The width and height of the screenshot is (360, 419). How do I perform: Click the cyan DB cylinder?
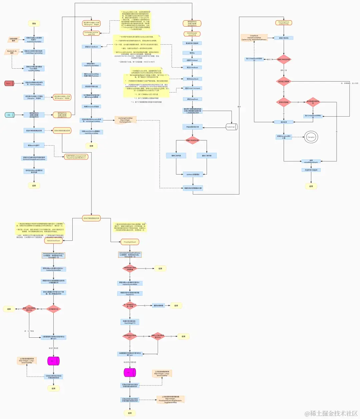[9, 115]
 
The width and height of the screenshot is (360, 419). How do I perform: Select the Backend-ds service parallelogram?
[12, 52]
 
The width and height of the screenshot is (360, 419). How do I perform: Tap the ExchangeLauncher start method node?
[92, 33]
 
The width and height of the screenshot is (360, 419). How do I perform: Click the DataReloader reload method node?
[192, 34]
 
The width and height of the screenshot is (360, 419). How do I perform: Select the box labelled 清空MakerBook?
[192, 79]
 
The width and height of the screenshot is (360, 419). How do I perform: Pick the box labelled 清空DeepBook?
[192, 99]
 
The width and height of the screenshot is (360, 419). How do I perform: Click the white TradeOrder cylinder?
[231, 127]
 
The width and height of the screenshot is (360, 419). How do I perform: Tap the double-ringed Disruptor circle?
[311, 137]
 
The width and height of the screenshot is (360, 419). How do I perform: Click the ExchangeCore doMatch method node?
[284, 23]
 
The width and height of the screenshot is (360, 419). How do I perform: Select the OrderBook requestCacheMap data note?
[254, 37]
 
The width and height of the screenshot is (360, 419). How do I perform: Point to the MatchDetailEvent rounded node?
[53, 240]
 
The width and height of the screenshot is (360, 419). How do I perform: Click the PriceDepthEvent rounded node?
[130, 242]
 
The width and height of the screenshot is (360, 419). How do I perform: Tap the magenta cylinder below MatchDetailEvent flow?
[53, 361]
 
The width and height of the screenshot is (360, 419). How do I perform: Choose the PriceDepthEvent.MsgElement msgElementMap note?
[170, 399]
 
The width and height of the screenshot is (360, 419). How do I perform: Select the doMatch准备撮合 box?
[193, 174]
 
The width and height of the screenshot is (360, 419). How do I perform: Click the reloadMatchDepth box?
[311, 161]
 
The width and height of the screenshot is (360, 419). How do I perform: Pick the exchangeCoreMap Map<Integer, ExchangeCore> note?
[126, 120]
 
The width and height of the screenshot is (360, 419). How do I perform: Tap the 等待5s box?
[192, 53]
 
